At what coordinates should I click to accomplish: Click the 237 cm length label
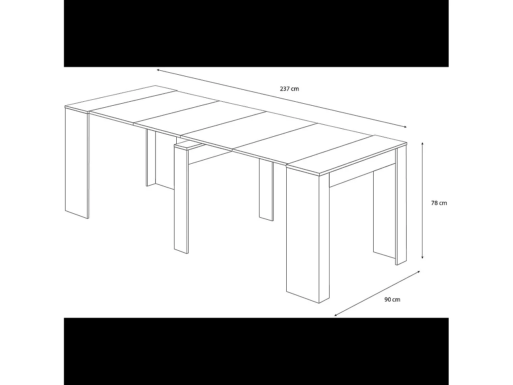[x=289, y=89]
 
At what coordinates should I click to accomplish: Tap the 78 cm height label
[x=439, y=203]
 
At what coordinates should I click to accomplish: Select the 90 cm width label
[x=392, y=299]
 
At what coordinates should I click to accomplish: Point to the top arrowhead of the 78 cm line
[x=423, y=143]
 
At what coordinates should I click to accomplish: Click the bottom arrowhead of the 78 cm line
[x=423, y=257]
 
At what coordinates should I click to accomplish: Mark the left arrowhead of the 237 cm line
[x=158, y=70]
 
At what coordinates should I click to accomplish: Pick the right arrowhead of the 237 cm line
[x=405, y=127]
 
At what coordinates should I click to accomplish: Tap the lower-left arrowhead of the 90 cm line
[x=336, y=315]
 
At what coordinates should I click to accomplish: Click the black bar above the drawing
[x=256, y=33]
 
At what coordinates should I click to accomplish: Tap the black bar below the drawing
[x=256, y=351]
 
